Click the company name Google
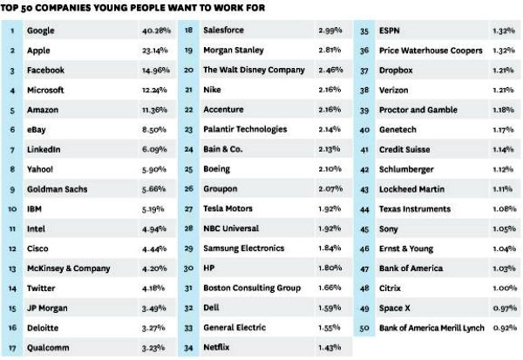41,31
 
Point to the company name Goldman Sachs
58,189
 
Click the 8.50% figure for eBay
145,130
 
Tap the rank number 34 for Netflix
188,349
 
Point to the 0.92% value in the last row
500,329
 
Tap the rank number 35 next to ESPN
365,31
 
